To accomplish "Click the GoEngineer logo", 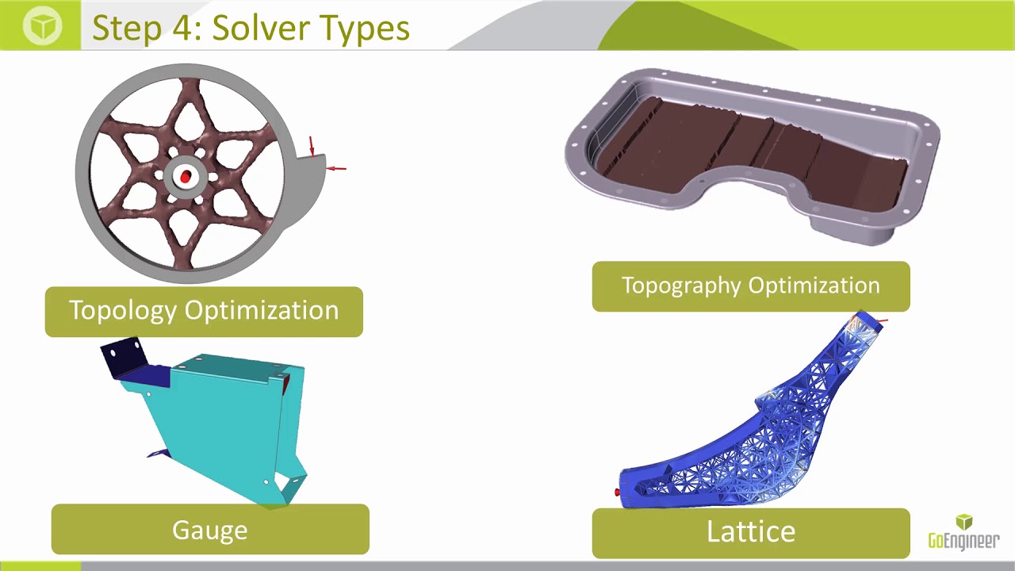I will click(x=963, y=532).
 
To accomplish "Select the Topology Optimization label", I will click(x=204, y=311).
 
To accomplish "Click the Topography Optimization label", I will click(x=750, y=285).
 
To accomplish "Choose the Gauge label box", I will click(x=210, y=530).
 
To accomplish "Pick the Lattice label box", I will click(x=750, y=532).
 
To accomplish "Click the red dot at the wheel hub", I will click(x=186, y=177).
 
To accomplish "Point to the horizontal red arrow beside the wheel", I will click(x=338, y=168).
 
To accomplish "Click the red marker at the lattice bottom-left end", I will click(x=618, y=493).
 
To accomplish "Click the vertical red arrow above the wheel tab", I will click(x=312, y=145).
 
